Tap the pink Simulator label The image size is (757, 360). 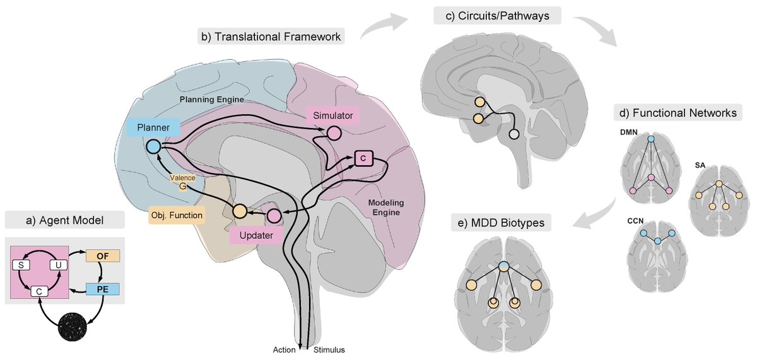332,115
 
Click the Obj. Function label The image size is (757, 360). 177,216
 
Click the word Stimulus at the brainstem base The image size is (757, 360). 329,349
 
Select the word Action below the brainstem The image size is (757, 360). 285,349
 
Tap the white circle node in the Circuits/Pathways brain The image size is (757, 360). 514,134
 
